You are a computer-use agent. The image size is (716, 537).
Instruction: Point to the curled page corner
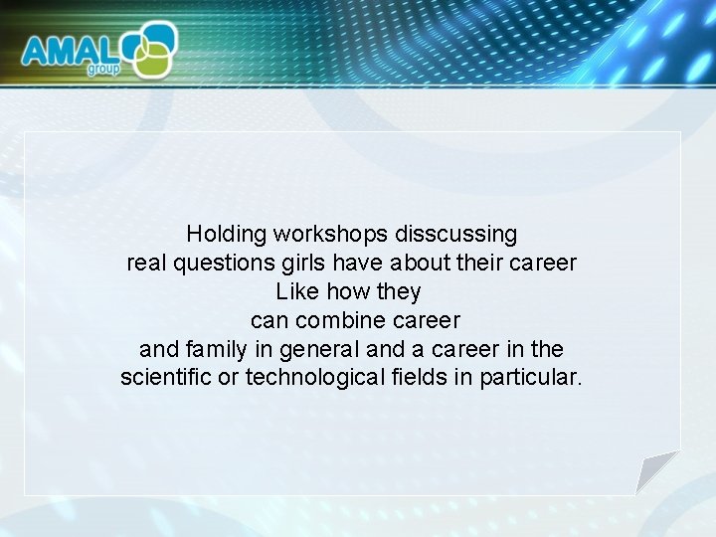656,471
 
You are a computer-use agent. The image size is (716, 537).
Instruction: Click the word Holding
226,235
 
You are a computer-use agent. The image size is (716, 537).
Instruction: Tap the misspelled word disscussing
456,235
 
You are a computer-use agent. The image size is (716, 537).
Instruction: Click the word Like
294,292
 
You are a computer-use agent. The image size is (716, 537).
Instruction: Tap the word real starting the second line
146,264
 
